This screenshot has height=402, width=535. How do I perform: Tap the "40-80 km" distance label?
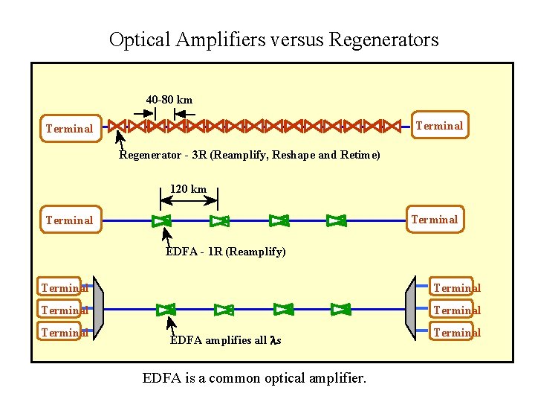(x=169, y=100)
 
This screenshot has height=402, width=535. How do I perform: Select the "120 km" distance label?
(x=188, y=189)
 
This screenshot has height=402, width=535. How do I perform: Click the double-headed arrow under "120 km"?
(x=189, y=200)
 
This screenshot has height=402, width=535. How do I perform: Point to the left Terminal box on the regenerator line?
(x=69, y=129)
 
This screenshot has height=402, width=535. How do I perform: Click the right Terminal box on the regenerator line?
(x=438, y=126)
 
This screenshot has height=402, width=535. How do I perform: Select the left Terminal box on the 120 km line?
(x=69, y=220)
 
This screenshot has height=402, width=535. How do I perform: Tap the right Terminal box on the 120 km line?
(x=434, y=219)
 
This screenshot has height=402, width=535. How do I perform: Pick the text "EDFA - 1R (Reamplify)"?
(x=225, y=252)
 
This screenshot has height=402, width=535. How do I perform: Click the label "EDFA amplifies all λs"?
(x=225, y=340)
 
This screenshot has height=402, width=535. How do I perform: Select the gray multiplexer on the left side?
(x=97, y=309)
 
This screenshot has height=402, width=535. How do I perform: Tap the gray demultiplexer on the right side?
(x=409, y=309)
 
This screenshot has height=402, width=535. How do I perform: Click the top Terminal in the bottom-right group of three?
(x=456, y=288)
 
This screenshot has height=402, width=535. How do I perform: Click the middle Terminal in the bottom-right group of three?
(x=456, y=310)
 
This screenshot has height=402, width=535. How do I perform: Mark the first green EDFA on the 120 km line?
(x=161, y=220)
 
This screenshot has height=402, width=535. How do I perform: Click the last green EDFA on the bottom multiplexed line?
(x=340, y=309)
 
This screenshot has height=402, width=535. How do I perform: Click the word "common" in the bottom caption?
(x=236, y=378)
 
